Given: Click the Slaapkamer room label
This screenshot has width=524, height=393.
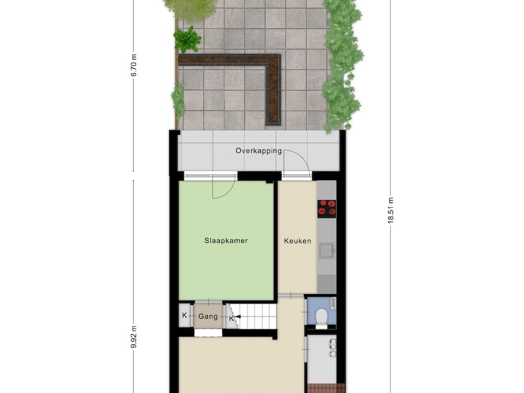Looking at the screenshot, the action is (226, 241).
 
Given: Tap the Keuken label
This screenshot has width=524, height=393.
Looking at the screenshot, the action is (297, 241).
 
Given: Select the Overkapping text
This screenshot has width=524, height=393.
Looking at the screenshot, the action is (259, 151).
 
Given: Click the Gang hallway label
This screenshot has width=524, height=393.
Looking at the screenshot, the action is (208, 316).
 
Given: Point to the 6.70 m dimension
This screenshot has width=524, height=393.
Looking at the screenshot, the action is (134, 65).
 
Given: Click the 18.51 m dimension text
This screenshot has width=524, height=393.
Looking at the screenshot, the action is (390, 210).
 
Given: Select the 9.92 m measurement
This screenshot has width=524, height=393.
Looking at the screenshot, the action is (134, 336).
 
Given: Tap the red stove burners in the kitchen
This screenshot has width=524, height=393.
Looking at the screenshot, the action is (326, 209).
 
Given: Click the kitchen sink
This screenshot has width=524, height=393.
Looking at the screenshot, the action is (327, 251).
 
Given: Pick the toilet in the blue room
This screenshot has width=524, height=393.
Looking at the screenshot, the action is (321, 316).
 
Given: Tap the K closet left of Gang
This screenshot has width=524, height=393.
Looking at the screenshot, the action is (184, 315).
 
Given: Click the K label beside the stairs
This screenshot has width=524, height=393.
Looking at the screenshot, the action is (231, 319).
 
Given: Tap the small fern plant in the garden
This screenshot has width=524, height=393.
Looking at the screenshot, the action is (187, 39).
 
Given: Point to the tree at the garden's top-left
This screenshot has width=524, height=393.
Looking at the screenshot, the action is (189, 8).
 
